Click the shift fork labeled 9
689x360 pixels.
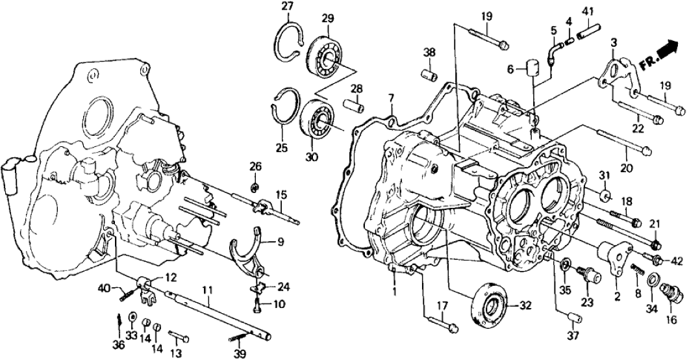250,250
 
